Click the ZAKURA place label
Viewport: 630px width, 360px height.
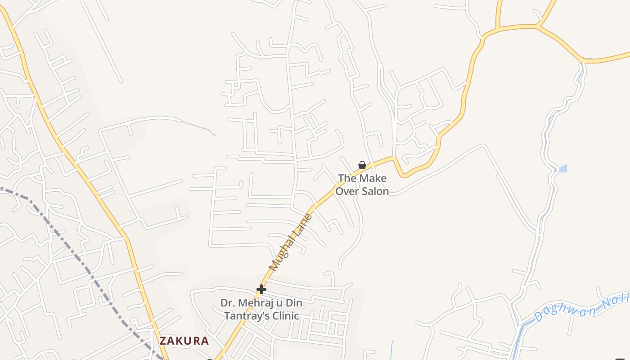click(x=184, y=341)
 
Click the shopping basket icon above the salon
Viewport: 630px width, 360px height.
click(x=362, y=165)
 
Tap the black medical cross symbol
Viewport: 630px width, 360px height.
click(x=261, y=289)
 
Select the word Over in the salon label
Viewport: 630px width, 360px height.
click(x=347, y=191)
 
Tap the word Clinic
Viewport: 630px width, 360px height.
click(x=285, y=315)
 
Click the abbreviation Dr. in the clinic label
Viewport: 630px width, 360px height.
click(x=228, y=303)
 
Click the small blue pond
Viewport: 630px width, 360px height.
click(x=562, y=169)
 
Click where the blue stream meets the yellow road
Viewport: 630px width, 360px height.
click(x=582, y=60)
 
